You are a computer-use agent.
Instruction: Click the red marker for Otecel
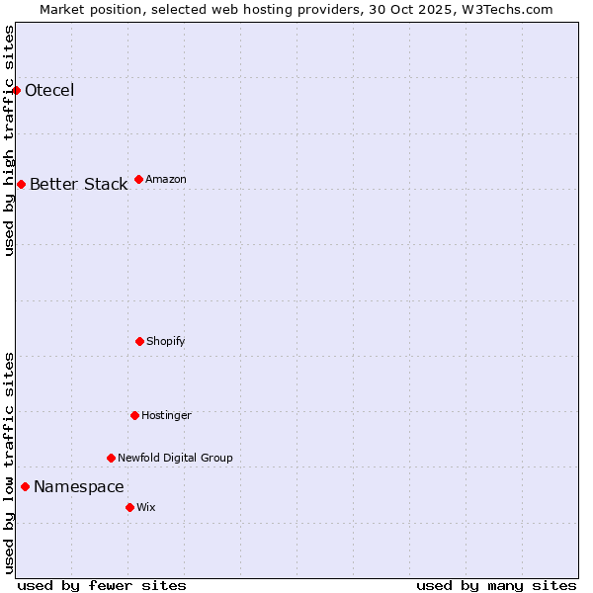[x=17, y=91]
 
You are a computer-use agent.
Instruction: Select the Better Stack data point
[x=21, y=185]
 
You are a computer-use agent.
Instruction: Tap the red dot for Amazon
[x=138, y=179]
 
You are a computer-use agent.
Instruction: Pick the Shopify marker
[x=139, y=341]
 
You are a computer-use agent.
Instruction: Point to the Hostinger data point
[x=134, y=415]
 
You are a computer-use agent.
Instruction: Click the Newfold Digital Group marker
[x=111, y=458]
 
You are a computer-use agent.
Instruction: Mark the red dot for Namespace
[x=25, y=486]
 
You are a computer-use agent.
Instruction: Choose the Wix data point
[x=129, y=507]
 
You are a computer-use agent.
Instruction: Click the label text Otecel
[x=49, y=91]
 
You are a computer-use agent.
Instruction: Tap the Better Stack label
[x=78, y=185]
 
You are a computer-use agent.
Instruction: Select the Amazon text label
[x=166, y=179]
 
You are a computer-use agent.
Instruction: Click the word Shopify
[x=166, y=341]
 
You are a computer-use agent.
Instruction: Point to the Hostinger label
[x=166, y=415]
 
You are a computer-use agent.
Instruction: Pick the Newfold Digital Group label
[x=175, y=458]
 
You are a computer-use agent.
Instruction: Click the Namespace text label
[x=79, y=486]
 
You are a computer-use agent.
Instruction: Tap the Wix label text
[x=146, y=507]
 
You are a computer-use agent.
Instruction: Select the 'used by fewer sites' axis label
[x=102, y=585]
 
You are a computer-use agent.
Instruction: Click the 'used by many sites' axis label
[x=496, y=585]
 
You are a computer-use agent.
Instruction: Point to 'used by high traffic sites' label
[x=9, y=140]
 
